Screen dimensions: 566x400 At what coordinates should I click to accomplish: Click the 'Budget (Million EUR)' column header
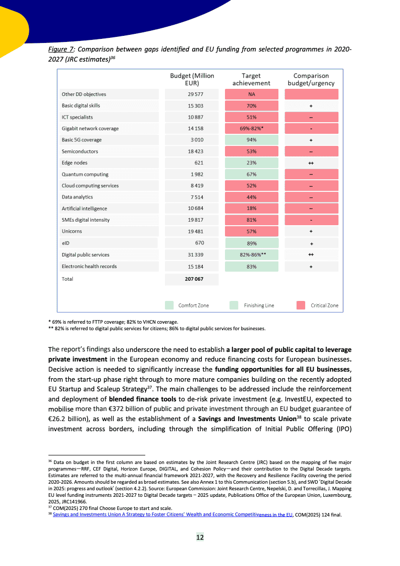click(x=192, y=79)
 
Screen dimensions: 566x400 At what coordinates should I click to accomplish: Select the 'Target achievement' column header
click(x=251, y=79)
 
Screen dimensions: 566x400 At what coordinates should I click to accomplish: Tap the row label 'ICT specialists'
click(x=77, y=117)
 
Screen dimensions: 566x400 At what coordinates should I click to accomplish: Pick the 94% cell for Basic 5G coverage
click(x=252, y=140)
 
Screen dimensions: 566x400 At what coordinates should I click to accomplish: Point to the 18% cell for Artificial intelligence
click(x=252, y=209)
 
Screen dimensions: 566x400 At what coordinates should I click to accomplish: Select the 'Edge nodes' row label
click(x=74, y=163)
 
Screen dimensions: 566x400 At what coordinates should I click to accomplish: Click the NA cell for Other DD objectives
click(x=252, y=94)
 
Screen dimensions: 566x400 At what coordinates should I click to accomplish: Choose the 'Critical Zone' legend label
click(x=324, y=305)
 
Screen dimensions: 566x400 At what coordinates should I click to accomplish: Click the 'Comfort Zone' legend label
click(x=194, y=305)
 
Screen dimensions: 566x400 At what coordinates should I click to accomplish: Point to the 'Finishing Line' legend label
click(x=259, y=305)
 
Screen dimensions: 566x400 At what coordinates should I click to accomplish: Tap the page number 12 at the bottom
click(x=200, y=537)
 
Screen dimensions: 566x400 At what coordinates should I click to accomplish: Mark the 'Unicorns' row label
click(x=72, y=231)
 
